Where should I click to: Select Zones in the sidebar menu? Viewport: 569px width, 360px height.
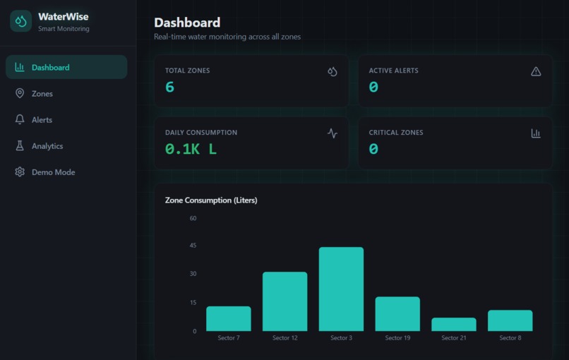(42, 94)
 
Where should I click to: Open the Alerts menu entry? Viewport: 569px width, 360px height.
(42, 120)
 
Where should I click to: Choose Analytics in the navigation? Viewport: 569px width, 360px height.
(47, 146)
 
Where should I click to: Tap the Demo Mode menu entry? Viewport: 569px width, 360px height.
(53, 172)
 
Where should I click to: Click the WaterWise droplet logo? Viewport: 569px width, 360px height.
(21, 21)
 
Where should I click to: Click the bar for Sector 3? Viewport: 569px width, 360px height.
(341, 289)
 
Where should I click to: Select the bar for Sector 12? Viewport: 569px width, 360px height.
(284, 301)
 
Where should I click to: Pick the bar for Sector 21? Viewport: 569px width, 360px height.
(453, 325)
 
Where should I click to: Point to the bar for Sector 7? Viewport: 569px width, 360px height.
(228, 318)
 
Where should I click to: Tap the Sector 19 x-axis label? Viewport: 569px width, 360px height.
(397, 338)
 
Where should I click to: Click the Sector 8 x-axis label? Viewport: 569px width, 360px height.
(510, 338)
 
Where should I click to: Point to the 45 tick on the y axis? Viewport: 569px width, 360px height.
(193, 246)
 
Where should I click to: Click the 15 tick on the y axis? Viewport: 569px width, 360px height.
(193, 303)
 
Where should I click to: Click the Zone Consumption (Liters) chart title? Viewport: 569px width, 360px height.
(211, 200)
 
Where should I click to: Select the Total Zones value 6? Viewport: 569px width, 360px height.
(169, 87)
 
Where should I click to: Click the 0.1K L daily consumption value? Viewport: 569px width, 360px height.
(191, 149)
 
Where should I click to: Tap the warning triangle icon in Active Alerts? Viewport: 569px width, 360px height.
(536, 71)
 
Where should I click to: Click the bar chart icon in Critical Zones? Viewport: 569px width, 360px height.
(536, 133)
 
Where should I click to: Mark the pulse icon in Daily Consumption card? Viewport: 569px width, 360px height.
(333, 133)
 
